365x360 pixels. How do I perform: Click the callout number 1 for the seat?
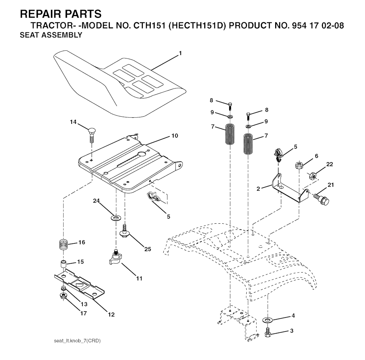[180, 53]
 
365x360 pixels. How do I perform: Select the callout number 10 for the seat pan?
[174, 136]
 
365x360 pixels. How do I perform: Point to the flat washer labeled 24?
[115, 217]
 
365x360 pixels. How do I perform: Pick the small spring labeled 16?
[63, 245]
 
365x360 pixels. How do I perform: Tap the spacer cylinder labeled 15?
[63, 266]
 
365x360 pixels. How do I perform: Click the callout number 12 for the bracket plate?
[111, 314]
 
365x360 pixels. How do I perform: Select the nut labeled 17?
[63, 296]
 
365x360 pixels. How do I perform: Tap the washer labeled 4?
[268, 318]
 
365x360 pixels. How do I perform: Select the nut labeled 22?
[313, 175]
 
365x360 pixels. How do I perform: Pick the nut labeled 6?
[299, 165]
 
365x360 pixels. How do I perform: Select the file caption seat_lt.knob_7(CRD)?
[77, 341]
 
